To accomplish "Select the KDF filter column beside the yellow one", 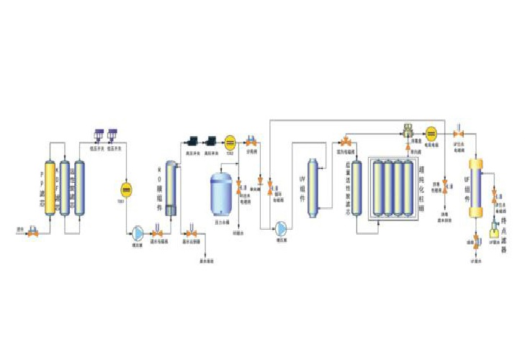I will coord(65,187).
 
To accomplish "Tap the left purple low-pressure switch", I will coord(99,135).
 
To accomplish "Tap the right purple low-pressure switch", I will coord(112,135).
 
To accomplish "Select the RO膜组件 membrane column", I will coord(170,187).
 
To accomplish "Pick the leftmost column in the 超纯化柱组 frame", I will coord(379,189).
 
